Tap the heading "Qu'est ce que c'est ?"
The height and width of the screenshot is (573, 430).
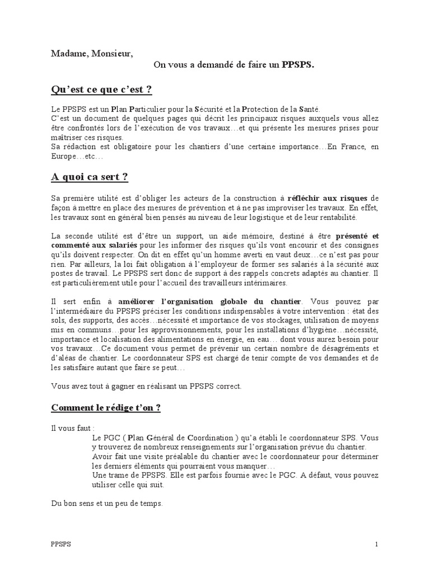click(101, 90)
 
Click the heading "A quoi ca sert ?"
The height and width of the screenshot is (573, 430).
click(90, 177)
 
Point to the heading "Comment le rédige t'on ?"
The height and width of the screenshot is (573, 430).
click(106, 407)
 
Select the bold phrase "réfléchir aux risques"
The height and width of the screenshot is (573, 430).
click(327, 198)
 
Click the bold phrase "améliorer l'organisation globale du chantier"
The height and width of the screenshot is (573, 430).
click(210, 301)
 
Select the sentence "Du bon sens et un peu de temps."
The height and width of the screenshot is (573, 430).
click(106, 504)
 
